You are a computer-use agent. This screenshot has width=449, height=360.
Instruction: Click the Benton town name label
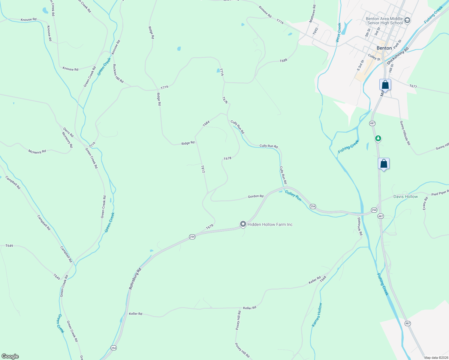coord(384,48)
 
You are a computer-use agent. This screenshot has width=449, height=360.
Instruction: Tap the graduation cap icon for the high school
coord(407,20)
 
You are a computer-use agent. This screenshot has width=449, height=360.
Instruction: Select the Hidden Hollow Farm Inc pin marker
coord(243,224)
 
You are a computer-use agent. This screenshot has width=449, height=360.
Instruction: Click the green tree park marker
coord(378,138)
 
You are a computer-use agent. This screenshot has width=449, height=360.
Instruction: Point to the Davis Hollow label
coord(405,196)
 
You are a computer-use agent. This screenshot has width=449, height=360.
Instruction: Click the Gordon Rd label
coord(255,196)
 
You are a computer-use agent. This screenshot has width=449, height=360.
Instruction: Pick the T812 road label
coord(203,169)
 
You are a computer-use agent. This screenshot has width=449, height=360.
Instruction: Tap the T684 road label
coord(206,123)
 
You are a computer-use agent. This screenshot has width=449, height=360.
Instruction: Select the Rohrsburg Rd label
coord(135,279)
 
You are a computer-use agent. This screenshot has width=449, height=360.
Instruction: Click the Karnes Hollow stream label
coord(317,315)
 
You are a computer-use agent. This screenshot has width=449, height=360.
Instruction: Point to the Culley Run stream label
coord(293,196)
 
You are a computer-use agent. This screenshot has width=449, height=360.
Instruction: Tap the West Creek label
coord(338,32)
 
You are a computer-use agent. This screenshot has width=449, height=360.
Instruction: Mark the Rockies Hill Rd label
coord(118,73)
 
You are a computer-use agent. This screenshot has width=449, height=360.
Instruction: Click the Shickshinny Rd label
coord(398,56)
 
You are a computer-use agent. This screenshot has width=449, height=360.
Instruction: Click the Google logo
coord(10,356)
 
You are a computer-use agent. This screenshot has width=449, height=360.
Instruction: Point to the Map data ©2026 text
coord(436,357)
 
